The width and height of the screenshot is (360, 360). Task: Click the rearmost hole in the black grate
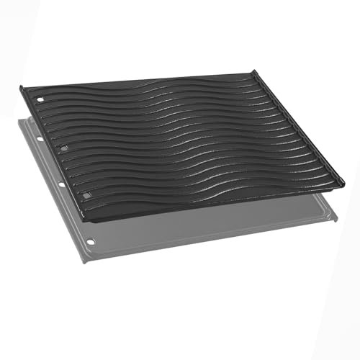pyautogui.click(x=41, y=99)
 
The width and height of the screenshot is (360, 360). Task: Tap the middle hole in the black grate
pyautogui.click(x=65, y=148)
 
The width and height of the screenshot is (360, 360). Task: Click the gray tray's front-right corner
pyautogui.click(x=336, y=217)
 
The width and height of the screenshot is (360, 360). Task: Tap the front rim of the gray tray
pyautogui.click(x=216, y=240)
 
